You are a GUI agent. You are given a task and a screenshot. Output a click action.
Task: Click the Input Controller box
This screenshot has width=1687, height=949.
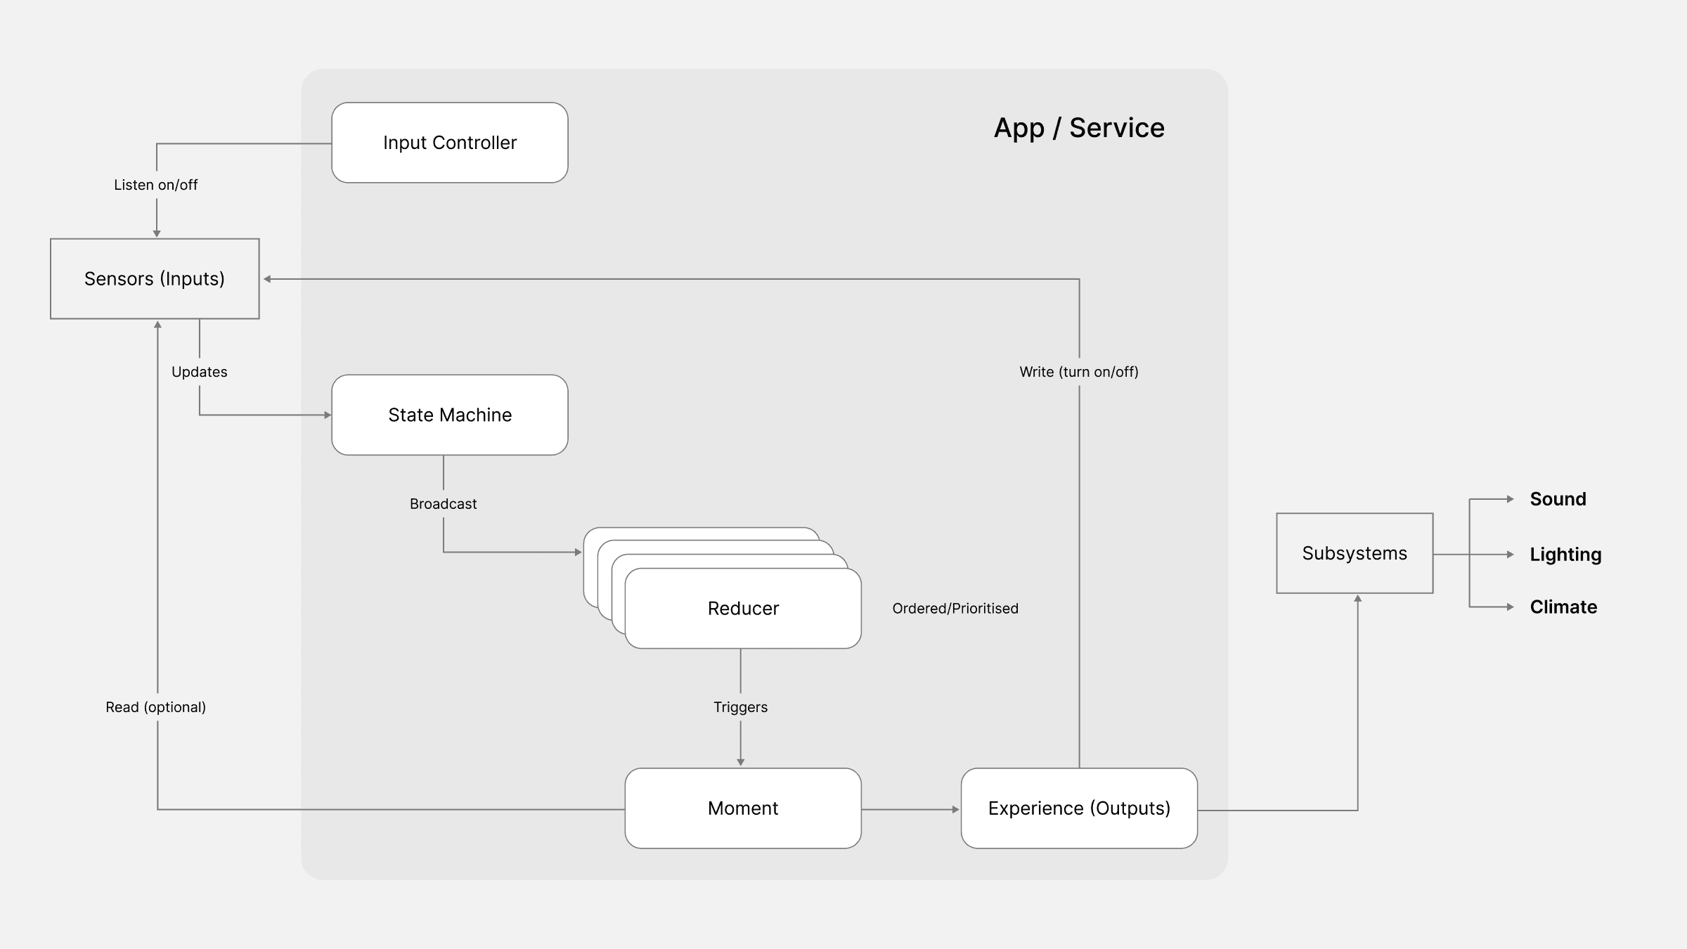point(450,143)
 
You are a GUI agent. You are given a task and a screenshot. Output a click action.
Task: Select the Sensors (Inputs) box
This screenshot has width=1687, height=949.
point(155,279)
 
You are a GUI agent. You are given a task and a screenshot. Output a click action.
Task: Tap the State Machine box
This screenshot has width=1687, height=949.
point(450,415)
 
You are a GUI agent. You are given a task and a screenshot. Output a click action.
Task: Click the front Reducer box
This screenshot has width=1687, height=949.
point(743,609)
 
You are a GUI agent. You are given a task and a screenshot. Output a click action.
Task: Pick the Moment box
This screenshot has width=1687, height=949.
point(743,808)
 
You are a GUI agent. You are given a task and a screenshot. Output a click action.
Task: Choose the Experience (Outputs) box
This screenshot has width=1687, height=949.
point(1079,808)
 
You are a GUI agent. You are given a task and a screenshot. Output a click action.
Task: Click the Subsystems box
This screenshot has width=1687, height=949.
point(1355,553)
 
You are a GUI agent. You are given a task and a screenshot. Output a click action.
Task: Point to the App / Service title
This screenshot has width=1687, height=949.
point(1079,128)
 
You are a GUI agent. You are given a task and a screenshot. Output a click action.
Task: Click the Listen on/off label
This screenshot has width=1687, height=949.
point(156,185)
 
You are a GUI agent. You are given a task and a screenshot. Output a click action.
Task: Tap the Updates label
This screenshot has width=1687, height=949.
point(200,372)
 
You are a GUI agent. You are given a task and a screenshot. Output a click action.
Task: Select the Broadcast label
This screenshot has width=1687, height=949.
point(443,504)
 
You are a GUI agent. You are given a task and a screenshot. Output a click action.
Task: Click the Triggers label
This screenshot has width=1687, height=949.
point(740,707)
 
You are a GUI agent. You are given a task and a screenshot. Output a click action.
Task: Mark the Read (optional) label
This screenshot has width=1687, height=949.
point(156,707)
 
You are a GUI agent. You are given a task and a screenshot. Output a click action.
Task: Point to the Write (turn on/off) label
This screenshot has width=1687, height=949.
point(1079,372)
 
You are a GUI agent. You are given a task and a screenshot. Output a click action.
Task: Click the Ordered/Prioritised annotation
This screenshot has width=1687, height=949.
point(955,609)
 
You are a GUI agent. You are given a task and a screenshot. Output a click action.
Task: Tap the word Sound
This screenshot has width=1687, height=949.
point(1558,499)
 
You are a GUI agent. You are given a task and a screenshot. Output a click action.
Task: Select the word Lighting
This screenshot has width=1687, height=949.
point(1565,555)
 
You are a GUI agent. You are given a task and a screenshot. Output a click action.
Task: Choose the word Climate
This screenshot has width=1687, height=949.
point(1563,607)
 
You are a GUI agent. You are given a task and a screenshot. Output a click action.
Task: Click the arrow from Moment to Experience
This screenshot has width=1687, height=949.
point(910,810)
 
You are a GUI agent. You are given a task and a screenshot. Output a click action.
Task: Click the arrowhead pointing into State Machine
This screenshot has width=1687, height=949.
point(328,415)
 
